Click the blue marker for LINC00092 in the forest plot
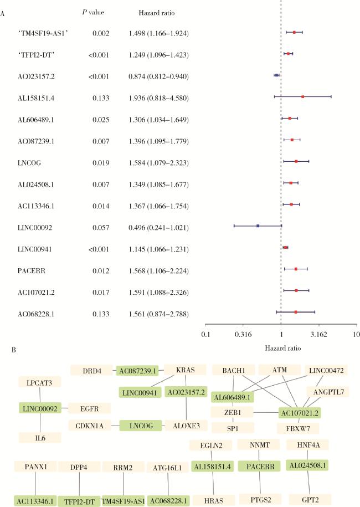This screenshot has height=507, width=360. point(258,226)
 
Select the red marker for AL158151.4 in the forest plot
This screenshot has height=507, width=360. point(303,96)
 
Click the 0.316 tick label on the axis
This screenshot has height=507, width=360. point(244,334)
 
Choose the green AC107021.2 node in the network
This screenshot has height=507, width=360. point(300,413)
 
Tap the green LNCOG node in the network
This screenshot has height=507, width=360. point(140,425)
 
